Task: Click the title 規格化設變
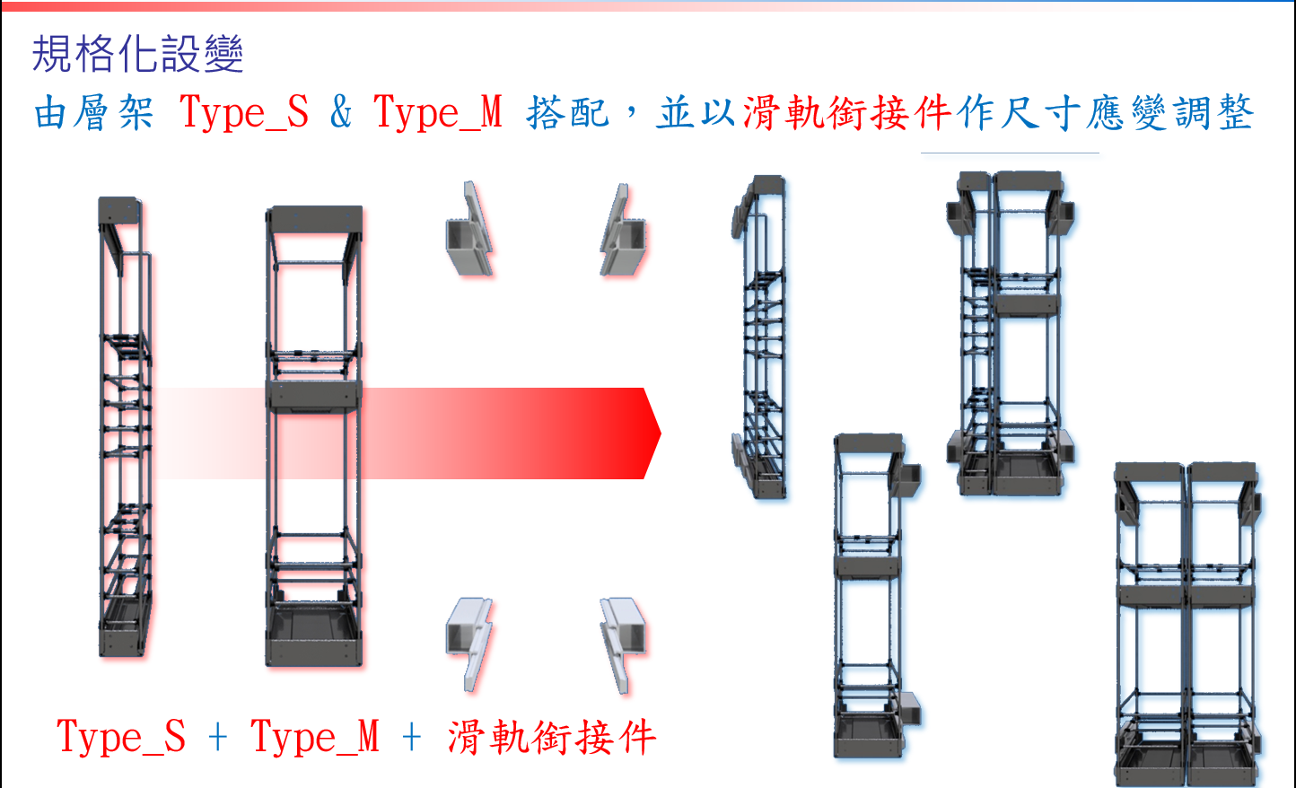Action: click(137, 54)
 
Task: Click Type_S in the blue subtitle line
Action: click(244, 112)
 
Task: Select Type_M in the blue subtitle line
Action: click(438, 112)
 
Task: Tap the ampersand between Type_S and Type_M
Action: click(341, 111)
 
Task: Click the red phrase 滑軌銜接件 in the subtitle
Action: click(847, 112)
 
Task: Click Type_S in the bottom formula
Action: click(121, 737)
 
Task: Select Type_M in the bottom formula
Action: click(315, 737)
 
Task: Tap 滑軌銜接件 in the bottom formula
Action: click(552, 737)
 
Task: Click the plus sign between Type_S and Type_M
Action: click(217, 739)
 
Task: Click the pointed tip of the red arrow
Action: click(661, 433)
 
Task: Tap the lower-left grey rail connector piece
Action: click(469, 644)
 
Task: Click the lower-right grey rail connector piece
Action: click(623, 644)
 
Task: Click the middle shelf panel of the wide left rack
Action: click(314, 396)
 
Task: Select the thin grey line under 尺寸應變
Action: click(1010, 153)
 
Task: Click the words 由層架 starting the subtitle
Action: click(93, 112)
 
